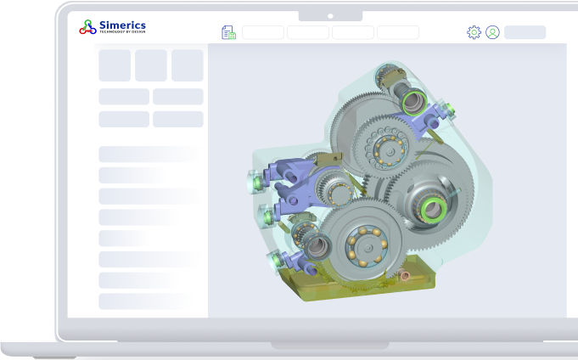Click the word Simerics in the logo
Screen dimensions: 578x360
tap(123, 25)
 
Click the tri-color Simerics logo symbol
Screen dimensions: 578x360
tap(87, 27)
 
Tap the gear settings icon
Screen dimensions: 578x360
tap(474, 32)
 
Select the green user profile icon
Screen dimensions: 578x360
tap(492, 32)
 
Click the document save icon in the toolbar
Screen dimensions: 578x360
tap(228, 32)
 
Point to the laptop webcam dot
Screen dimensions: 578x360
tap(330, 16)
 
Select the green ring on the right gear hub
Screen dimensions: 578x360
tap(434, 209)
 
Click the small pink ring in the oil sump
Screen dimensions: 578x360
tap(405, 276)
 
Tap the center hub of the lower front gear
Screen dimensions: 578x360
tap(367, 248)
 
